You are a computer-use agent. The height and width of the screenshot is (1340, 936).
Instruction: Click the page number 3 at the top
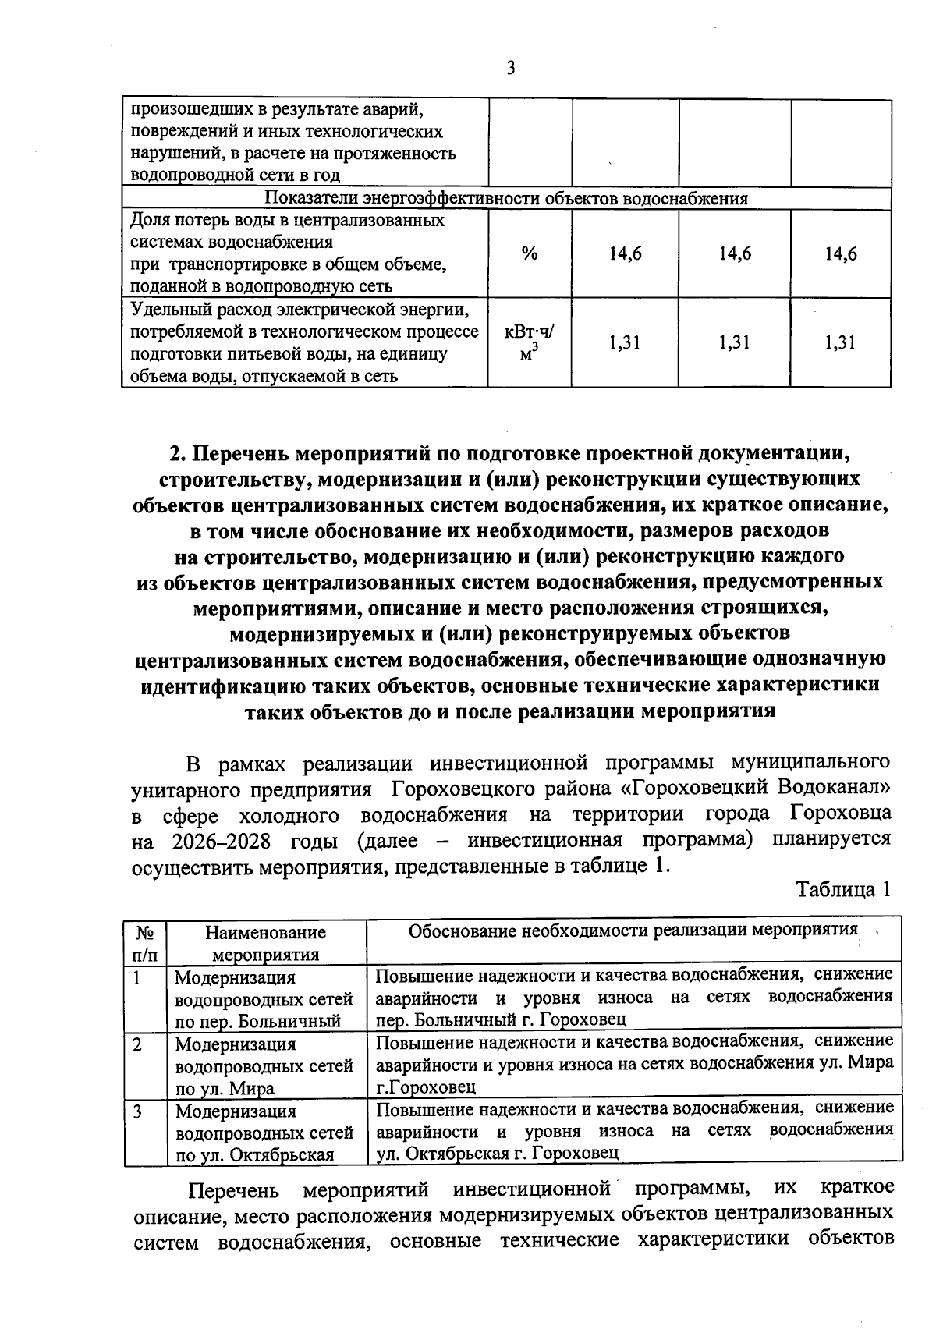[x=511, y=69]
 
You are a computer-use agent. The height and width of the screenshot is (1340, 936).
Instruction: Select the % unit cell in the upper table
[x=530, y=253]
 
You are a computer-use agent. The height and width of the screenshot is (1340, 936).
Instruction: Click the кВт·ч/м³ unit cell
[x=530, y=342]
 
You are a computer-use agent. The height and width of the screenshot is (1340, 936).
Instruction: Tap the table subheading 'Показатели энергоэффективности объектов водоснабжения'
[x=506, y=198]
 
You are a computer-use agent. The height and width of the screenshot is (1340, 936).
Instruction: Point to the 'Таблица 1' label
[x=842, y=889]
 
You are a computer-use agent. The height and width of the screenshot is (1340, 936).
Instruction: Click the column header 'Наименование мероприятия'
[x=265, y=942]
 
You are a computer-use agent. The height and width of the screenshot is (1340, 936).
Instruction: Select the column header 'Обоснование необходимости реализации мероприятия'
[x=633, y=931]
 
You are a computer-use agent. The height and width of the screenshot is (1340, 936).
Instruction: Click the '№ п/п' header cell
[x=144, y=942]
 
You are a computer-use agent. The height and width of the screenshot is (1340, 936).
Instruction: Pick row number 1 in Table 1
[x=136, y=977]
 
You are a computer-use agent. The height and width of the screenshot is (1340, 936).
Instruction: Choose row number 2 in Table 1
[x=136, y=1044]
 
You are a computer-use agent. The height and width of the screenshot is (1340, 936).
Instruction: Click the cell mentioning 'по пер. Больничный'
[x=265, y=998]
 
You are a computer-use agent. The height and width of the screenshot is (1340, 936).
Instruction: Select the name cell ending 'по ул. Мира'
[x=265, y=1065]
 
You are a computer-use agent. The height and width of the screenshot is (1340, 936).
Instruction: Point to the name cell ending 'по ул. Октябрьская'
[x=265, y=1133]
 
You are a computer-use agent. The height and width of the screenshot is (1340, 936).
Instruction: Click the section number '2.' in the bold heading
[x=179, y=453]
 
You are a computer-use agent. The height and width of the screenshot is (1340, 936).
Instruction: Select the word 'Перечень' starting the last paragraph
[x=234, y=1191]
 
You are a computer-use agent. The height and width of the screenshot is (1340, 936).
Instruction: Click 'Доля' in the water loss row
[x=147, y=221]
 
